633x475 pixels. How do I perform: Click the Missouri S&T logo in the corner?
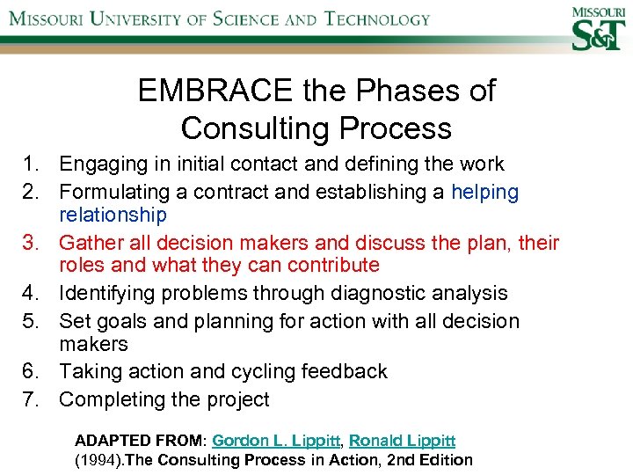point(598,29)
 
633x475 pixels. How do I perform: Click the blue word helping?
point(484,192)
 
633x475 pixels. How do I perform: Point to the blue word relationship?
point(113,215)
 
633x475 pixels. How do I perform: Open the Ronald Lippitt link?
point(400,440)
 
